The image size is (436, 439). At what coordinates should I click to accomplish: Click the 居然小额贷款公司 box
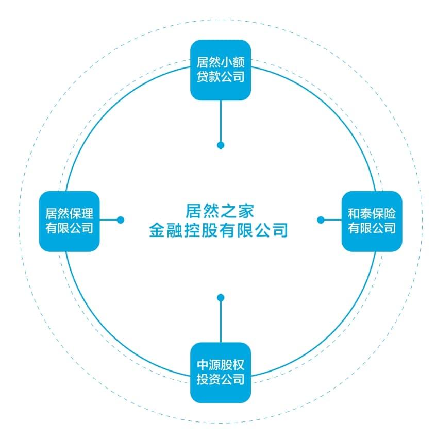tap(221, 70)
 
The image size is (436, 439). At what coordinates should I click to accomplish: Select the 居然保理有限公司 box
tap(69, 221)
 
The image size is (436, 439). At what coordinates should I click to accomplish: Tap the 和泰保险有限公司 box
tap(372, 221)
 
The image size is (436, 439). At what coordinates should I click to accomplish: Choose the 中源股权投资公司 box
tap(221, 373)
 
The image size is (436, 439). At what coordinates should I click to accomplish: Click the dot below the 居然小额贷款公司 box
tap(221, 145)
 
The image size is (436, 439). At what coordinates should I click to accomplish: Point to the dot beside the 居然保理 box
tap(121, 220)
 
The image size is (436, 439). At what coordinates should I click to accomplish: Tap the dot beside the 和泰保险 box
tap(321, 220)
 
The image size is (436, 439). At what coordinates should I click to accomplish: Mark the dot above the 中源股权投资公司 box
tap(221, 297)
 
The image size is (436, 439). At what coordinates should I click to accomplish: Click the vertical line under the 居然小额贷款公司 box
tap(221, 121)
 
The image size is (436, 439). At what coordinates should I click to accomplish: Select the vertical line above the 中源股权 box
tap(221, 322)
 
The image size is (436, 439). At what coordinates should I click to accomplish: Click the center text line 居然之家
tap(220, 211)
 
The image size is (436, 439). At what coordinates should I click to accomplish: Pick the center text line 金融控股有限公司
tap(219, 230)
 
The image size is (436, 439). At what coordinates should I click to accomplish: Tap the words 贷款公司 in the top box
tap(221, 77)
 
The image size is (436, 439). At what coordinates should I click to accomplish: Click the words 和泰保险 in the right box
tap(372, 214)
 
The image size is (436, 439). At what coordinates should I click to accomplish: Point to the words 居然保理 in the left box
tap(69, 214)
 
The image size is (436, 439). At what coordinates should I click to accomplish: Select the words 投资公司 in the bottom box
tap(221, 379)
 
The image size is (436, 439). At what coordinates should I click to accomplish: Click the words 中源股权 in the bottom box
tap(221, 365)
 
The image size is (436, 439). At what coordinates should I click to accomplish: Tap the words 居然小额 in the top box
tap(221, 62)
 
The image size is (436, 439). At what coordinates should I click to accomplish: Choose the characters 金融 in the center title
tap(166, 230)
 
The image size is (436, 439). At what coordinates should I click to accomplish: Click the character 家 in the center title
tap(246, 211)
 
